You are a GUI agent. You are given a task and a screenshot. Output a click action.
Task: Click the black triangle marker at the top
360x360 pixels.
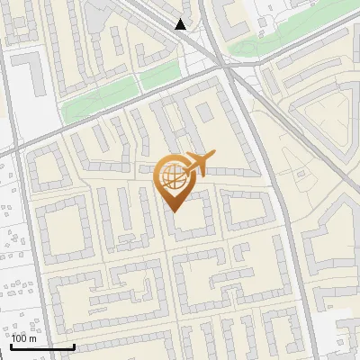[181, 24]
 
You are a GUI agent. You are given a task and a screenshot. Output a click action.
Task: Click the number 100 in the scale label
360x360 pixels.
[20, 338]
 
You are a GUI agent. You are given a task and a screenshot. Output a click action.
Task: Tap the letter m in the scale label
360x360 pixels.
[33, 338]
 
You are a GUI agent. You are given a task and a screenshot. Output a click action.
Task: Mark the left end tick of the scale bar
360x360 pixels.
[12, 346]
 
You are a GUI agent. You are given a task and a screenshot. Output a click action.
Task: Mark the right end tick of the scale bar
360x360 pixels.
[74, 346]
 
